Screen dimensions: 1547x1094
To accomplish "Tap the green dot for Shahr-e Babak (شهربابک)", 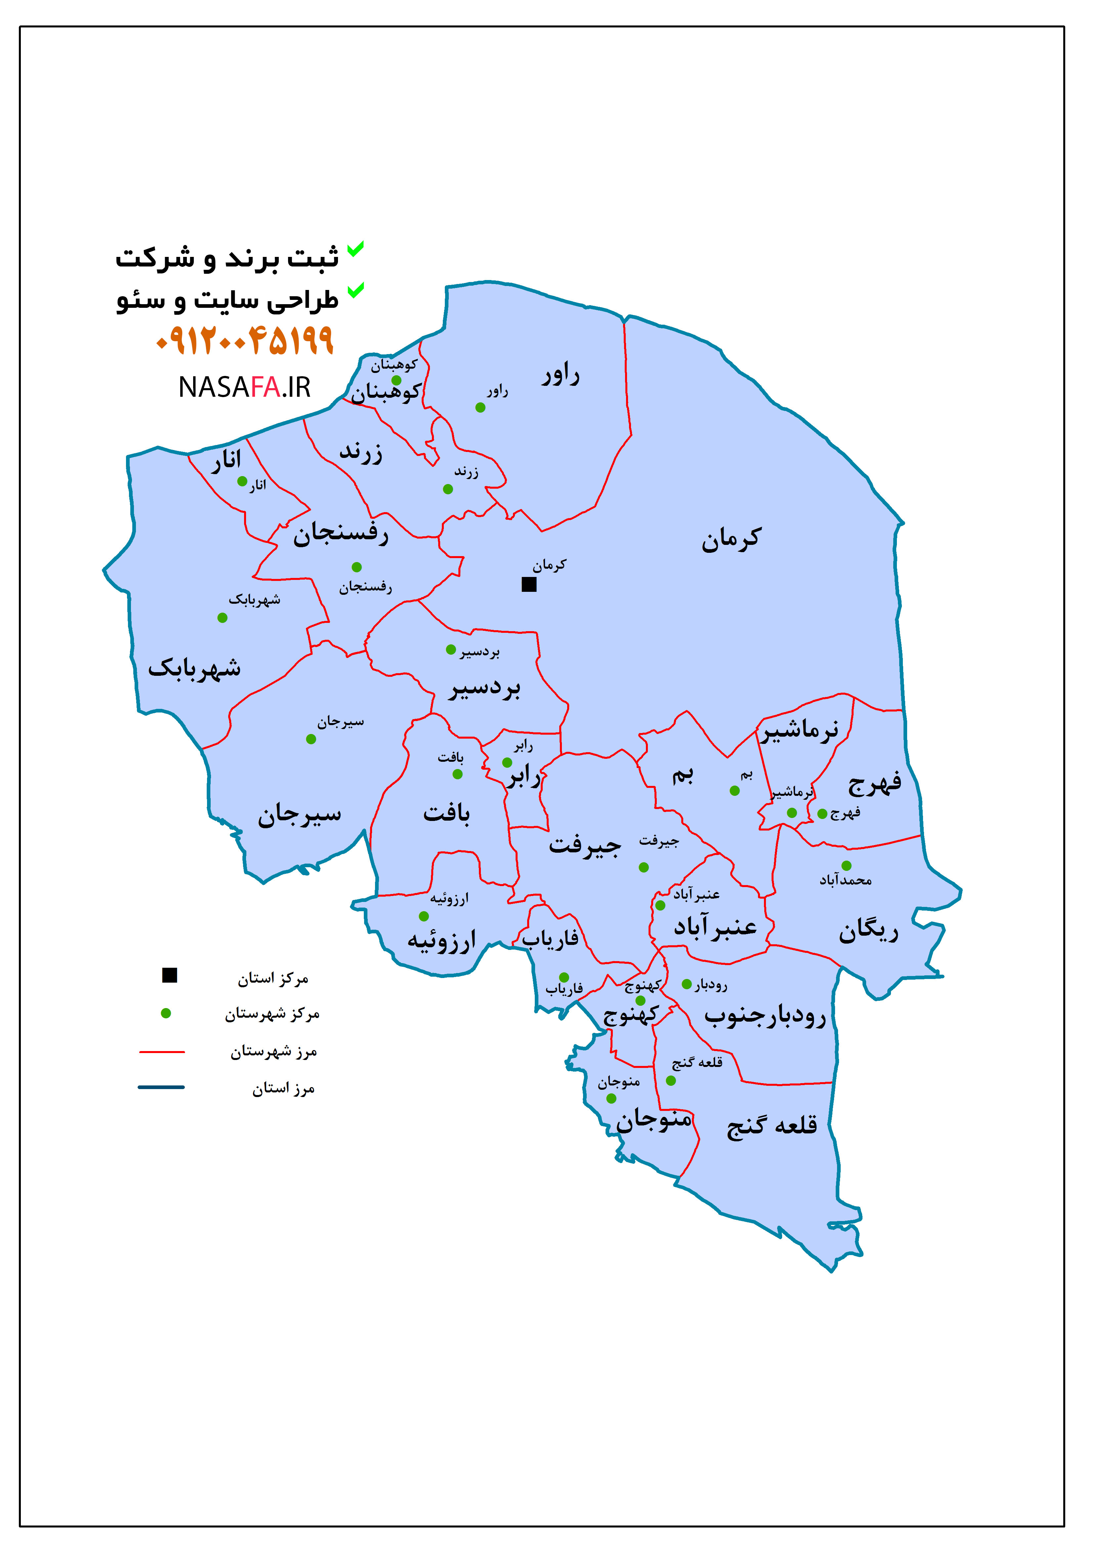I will point(223,618).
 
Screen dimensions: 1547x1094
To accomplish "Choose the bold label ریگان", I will point(868,932).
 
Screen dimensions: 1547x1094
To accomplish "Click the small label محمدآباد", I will point(845,880).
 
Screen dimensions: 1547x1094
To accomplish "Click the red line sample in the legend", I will point(162,1051).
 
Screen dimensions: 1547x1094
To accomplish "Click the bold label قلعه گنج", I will point(772,1126).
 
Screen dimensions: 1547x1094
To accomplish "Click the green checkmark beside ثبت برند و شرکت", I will point(355,249).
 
